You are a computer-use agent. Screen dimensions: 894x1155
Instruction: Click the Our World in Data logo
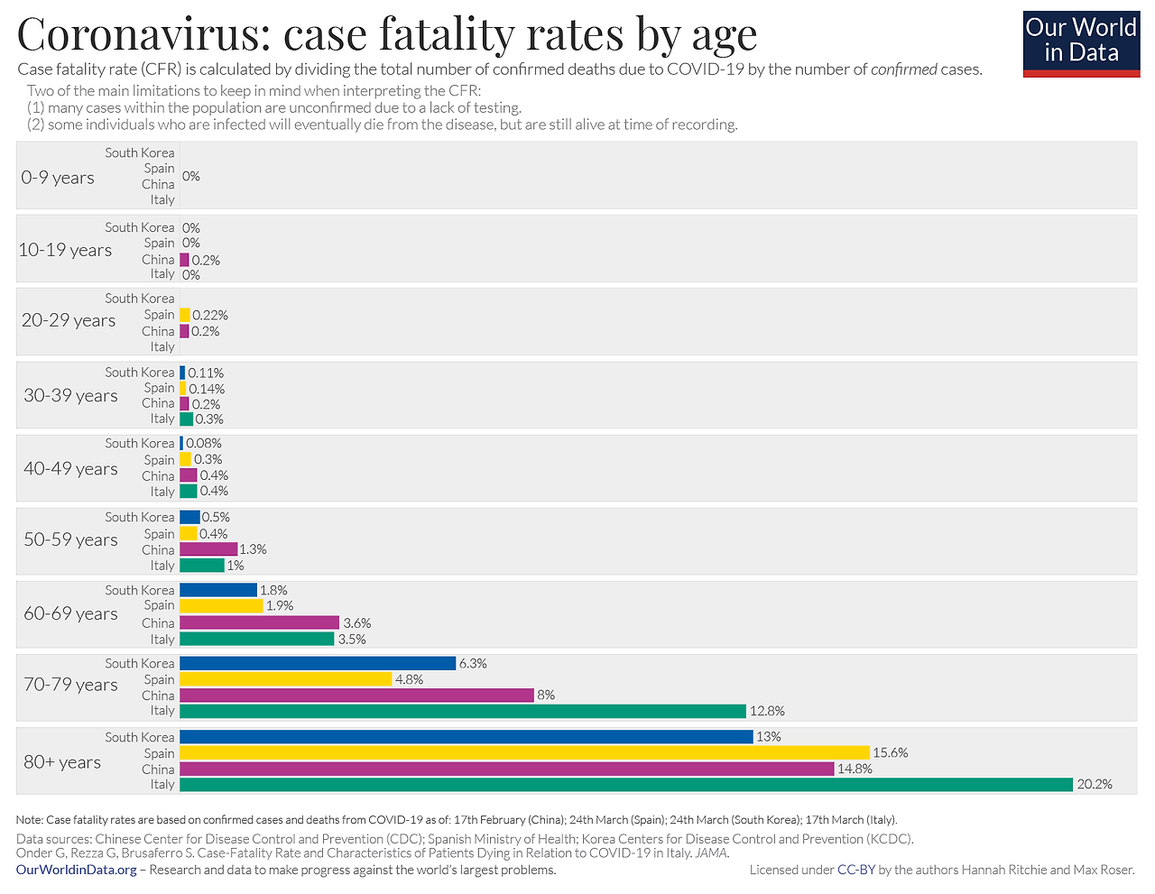point(1081,43)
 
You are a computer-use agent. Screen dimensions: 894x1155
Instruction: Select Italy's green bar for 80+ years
point(625,785)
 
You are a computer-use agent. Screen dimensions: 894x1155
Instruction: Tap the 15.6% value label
point(890,752)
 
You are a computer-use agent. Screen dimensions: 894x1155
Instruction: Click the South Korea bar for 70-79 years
point(318,663)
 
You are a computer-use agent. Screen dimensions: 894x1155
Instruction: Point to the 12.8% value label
point(767,711)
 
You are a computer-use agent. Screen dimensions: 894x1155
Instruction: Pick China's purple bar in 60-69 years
point(259,622)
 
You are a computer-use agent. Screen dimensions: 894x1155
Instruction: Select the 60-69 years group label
point(70,613)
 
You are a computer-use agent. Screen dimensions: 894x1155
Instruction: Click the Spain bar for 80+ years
point(524,752)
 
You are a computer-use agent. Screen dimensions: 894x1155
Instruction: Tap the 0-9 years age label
point(58,178)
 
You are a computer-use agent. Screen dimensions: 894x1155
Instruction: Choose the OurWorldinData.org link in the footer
point(77,870)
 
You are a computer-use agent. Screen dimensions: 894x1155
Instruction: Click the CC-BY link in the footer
point(855,870)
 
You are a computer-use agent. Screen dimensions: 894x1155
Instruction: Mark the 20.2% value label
point(1095,785)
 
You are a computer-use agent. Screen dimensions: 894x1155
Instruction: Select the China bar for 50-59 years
point(208,549)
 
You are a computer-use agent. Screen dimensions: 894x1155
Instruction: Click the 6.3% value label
point(473,663)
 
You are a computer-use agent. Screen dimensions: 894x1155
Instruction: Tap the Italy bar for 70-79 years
point(463,711)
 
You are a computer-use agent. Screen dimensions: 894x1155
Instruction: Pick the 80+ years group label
point(62,762)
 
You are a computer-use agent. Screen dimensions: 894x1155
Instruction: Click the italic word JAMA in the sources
point(712,853)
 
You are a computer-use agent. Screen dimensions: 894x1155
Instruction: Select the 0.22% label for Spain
point(210,315)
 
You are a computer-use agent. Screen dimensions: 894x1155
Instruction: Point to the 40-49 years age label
point(70,468)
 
